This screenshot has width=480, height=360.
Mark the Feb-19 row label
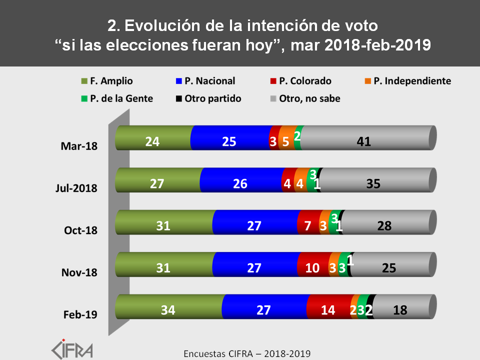point(80,314)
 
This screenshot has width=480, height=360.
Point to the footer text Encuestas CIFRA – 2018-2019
point(247,353)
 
